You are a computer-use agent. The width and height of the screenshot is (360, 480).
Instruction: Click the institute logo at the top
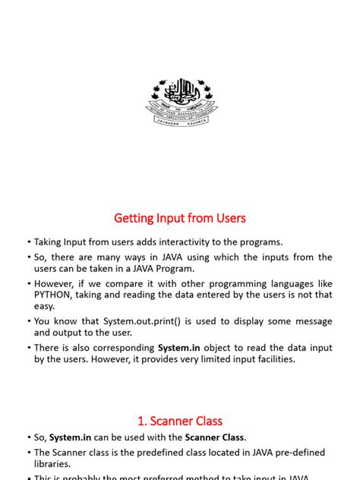180,103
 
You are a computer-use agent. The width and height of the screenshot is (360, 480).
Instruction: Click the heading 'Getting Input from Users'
180,218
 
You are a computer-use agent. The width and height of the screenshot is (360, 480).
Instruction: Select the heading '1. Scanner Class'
180,420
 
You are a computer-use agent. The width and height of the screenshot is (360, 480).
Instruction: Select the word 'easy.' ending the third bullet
45,306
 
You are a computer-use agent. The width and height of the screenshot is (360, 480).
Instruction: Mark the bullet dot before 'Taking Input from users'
29,242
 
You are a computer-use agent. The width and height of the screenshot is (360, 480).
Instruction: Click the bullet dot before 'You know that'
29,321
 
